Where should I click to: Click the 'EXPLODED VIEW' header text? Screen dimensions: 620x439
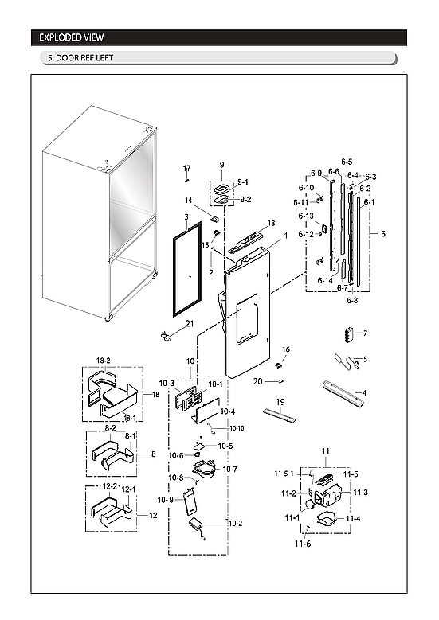(71, 37)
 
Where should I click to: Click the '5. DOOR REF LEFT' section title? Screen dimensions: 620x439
(80, 59)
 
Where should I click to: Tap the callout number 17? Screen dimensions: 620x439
(187, 168)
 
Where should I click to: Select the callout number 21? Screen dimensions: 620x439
(190, 323)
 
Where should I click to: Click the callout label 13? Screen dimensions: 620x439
(271, 224)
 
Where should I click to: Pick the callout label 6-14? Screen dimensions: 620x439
(325, 281)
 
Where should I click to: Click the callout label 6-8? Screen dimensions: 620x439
(352, 301)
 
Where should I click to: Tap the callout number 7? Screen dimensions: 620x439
(364, 333)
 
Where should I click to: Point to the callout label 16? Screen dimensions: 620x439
(285, 349)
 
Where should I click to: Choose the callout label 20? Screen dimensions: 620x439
(257, 381)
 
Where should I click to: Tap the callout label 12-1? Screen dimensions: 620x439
(129, 489)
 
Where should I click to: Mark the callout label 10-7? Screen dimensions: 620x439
(230, 470)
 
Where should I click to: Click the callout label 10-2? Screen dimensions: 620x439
(235, 523)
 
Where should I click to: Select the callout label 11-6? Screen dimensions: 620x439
(302, 544)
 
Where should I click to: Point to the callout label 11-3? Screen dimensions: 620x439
(360, 493)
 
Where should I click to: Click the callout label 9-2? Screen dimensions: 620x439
(245, 199)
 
